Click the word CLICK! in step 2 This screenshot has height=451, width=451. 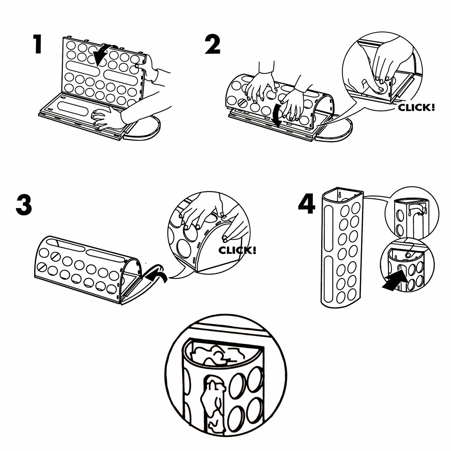(x=416, y=108)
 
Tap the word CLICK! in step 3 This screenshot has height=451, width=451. (x=238, y=250)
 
